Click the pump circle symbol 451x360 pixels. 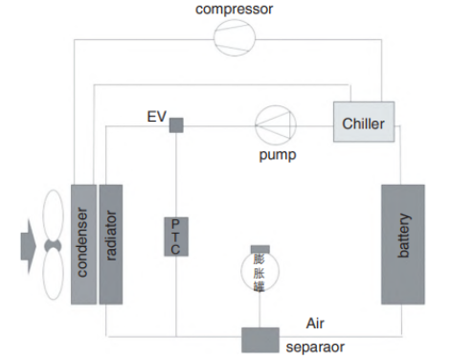pos(276,124)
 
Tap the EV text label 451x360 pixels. pos(156,118)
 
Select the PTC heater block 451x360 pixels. pos(175,236)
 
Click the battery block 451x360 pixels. pos(402,245)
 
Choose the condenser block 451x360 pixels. pos(83,244)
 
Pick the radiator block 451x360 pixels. pos(111,244)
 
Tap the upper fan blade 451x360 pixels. pos(53,215)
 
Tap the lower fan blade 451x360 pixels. pos(53,277)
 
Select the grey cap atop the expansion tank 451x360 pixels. pos(259,249)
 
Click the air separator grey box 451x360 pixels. pos(259,340)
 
